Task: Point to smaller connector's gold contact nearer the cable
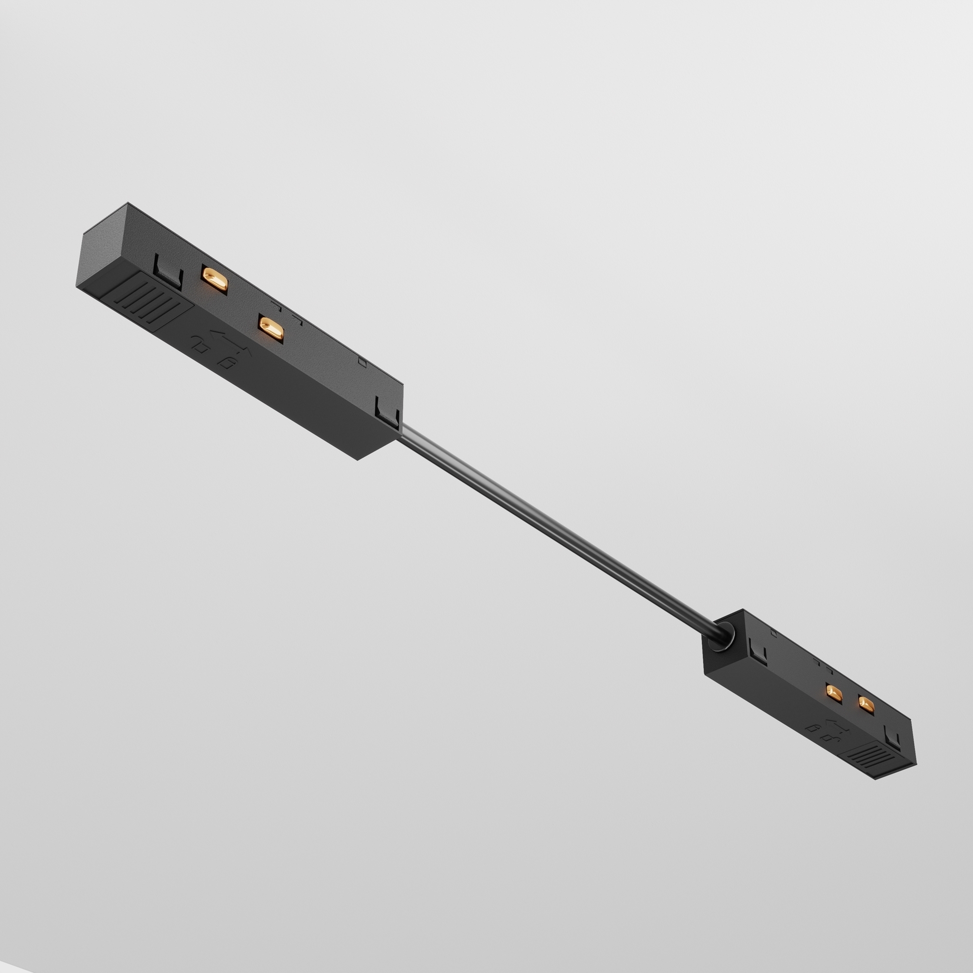[834, 695]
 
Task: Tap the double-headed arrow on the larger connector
[230, 339]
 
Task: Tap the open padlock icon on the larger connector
[228, 362]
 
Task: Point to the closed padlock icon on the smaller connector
[812, 728]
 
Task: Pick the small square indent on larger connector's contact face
[360, 360]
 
